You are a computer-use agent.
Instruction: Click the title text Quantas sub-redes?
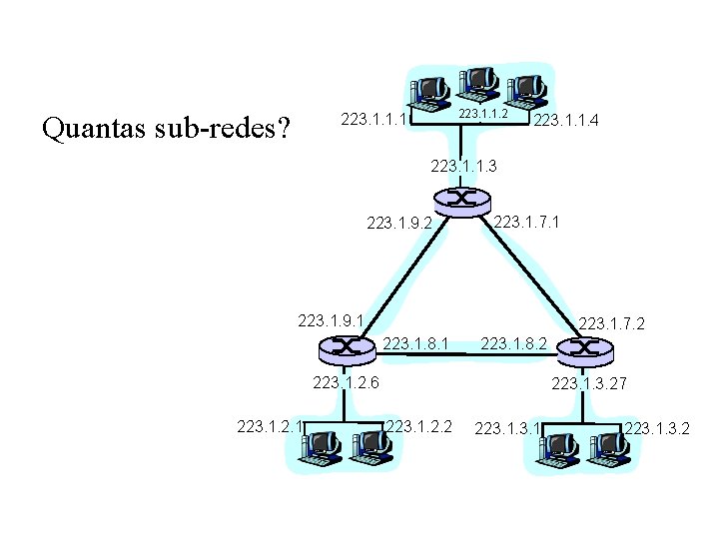click(x=164, y=129)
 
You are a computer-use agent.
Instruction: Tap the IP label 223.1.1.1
click(x=374, y=120)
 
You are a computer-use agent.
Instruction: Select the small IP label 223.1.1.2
click(x=483, y=115)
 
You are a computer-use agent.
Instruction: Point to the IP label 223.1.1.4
click(x=567, y=122)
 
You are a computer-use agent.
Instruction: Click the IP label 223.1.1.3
click(x=463, y=166)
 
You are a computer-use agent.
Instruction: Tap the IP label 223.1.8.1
click(x=416, y=343)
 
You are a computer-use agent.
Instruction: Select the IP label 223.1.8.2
click(x=514, y=344)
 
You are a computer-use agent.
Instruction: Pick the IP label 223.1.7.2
click(x=612, y=324)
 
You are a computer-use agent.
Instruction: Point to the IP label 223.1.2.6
click(x=346, y=381)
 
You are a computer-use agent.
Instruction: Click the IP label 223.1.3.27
click(x=589, y=382)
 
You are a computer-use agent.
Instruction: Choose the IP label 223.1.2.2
click(x=419, y=427)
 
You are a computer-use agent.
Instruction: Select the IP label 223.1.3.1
click(x=508, y=429)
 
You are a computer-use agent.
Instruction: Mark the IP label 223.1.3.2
click(x=657, y=429)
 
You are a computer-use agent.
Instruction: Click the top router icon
click(x=461, y=200)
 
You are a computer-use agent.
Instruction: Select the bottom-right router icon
click(x=582, y=348)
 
